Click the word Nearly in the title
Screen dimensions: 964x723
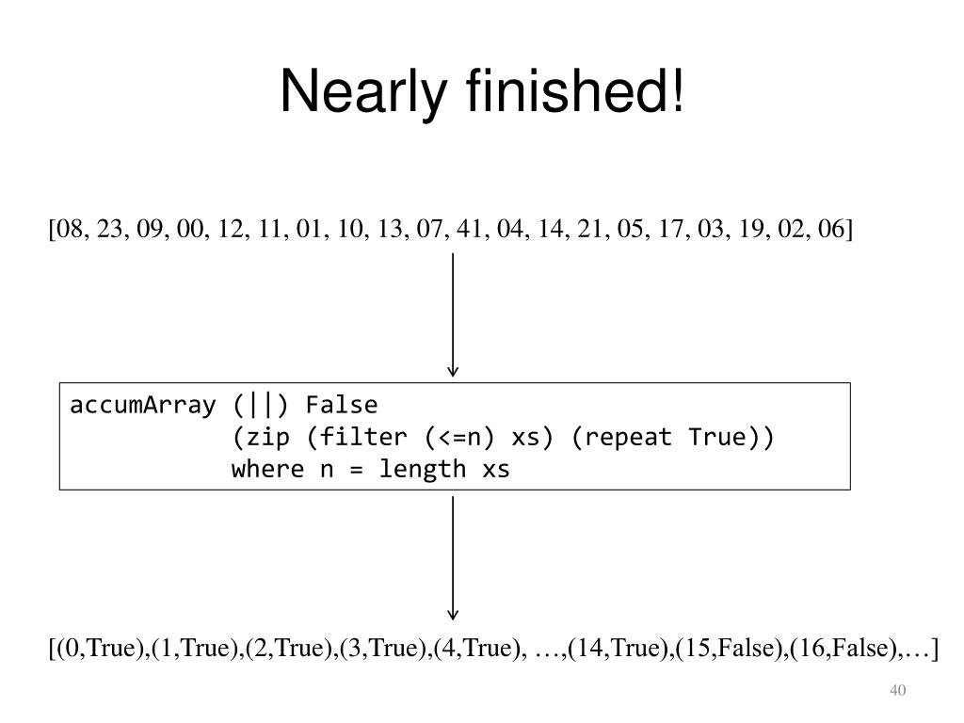pos(362,92)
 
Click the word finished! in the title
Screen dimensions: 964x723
pos(575,89)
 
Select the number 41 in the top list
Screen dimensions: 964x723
pos(470,228)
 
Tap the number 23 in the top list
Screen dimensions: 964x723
pos(110,228)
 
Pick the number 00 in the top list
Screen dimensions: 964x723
pos(190,228)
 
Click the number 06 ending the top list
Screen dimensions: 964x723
pos(830,228)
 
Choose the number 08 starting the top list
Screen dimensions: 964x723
pos(70,228)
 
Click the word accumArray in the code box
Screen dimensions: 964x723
pos(143,406)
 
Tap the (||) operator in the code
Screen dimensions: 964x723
pos(261,406)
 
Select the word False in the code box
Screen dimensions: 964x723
pos(342,405)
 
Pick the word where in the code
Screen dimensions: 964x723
pos(268,469)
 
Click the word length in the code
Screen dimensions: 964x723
pos(423,470)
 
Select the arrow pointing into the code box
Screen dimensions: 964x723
pos(453,314)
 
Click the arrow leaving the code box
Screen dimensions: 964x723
pos(453,558)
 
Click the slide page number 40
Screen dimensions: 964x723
pos(897,690)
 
